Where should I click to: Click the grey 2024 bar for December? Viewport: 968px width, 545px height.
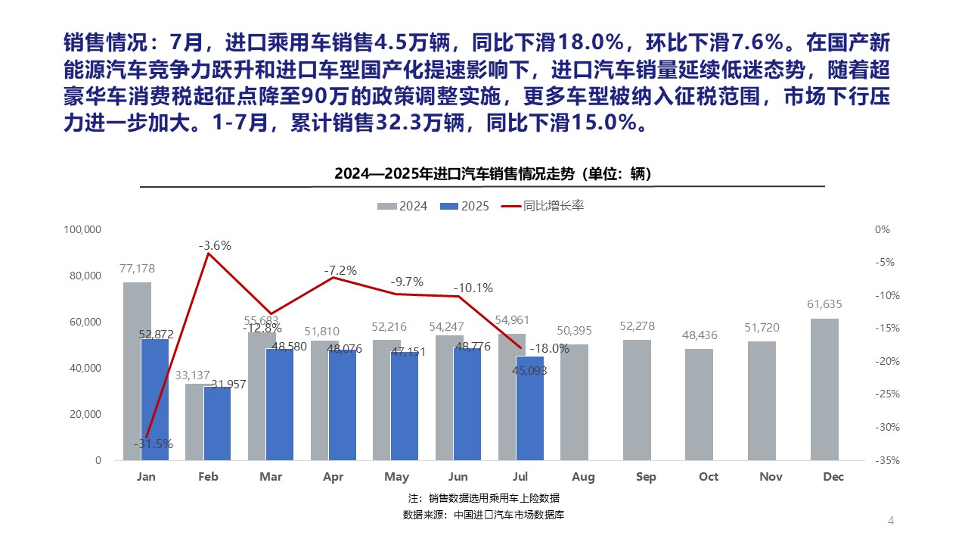(x=824, y=389)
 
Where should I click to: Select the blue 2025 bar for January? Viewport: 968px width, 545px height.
(x=155, y=399)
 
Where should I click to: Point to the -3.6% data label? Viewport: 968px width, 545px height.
(x=215, y=245)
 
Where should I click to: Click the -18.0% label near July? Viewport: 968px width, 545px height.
(x=548, y=348)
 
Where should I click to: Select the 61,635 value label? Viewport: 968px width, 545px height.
(x=824, y=304)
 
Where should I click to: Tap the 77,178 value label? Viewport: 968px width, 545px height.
(x=137, y=268)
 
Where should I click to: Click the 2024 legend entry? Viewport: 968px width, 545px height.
(x=403, y=206)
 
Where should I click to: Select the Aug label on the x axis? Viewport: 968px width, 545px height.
(x=583, y=477)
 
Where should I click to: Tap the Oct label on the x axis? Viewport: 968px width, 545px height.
(x=709, y=477)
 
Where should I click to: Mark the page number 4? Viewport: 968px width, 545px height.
(x=890, y=520)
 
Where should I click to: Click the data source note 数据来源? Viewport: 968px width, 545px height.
(x=484, y=515)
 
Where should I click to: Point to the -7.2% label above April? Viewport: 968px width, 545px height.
(x=340, y=270)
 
